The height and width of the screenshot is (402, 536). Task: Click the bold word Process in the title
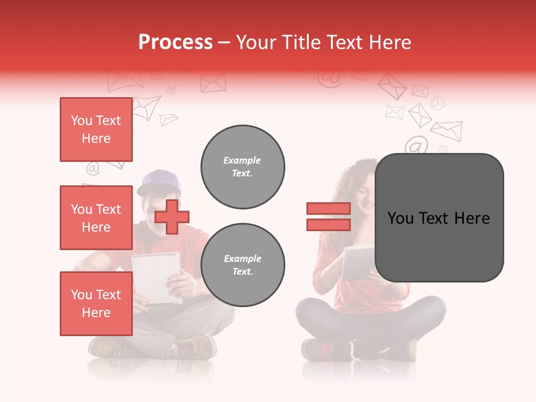click(x=175, y=42)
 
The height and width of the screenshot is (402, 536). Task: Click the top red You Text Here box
click(x=96, y=130)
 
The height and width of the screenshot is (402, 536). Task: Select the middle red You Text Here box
click(x=96, y=218)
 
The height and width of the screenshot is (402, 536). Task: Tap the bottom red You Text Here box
click(x=96, y=304)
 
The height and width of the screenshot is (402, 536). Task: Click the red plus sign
click(x=172, y=217)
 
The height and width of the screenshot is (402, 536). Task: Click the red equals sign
click(x=328, y=217)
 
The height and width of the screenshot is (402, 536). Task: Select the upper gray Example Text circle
click(x=242, y=166)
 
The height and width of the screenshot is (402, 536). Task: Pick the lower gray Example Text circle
click(x=242, y=265)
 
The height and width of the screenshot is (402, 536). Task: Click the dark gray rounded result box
click(x=439, y=218)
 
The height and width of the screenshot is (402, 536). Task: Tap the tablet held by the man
click(x=156, y=277)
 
